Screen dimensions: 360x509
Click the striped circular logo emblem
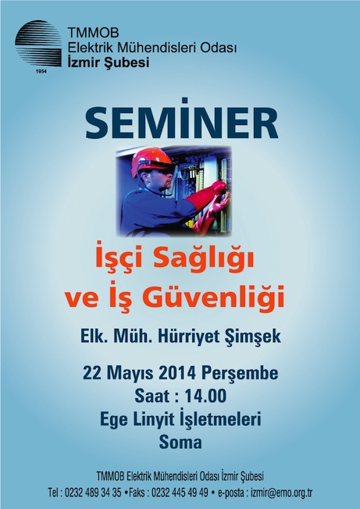38,44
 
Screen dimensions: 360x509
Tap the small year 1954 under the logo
41,71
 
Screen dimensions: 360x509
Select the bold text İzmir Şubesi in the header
109,62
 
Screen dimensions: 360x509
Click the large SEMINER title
182,122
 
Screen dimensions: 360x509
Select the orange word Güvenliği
213,297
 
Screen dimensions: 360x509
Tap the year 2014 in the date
177,373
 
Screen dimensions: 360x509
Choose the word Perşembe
240,374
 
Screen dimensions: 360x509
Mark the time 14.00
205,397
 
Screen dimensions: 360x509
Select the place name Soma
180,442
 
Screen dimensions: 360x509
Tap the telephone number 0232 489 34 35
93,493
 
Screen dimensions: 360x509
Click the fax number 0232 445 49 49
180,493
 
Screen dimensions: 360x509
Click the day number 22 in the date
91,373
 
